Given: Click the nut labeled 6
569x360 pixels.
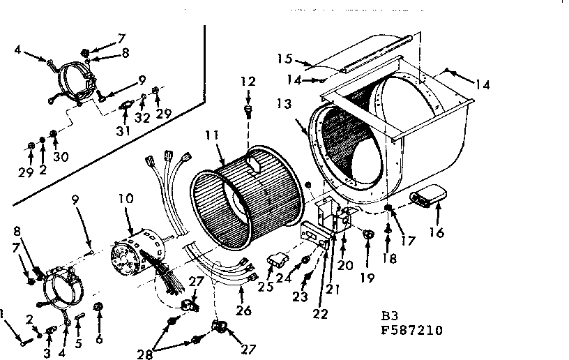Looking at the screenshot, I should coord(99,306).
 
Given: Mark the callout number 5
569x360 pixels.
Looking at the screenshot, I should coord(78,343).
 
